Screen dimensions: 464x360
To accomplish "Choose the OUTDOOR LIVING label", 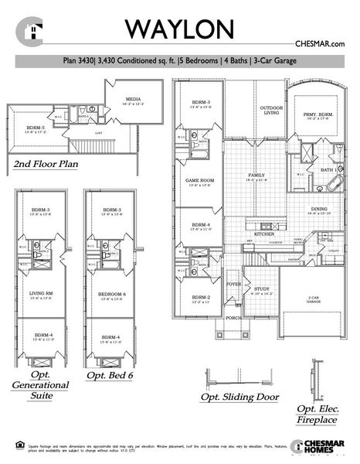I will click(269, 110).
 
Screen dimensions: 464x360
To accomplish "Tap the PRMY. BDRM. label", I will click(318, 114).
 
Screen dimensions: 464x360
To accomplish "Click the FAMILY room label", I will click(255, 176).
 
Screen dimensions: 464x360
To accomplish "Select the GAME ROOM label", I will click(199, 181).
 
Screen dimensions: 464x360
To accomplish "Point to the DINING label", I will click(319, 210).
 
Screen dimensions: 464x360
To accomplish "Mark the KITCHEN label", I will click(265, 233).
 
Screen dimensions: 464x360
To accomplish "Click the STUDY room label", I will click(263, 291).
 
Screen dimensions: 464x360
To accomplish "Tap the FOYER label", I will click(234, 284).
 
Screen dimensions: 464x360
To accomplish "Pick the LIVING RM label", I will click(40, 295).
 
